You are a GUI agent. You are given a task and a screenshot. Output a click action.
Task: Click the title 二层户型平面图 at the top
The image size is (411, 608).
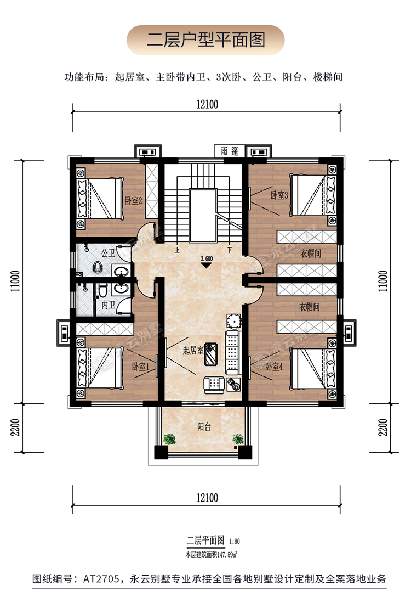206,40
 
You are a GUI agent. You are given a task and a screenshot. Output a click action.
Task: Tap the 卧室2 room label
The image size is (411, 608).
133,200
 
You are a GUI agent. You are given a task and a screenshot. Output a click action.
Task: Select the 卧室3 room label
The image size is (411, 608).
279,195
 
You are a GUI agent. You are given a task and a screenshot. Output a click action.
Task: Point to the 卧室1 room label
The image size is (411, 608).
141,367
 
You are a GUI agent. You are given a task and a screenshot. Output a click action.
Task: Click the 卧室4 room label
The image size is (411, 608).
274,367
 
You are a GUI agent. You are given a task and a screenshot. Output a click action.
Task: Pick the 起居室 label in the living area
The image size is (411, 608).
193,351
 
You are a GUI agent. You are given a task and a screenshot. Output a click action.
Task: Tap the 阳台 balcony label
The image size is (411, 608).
204,427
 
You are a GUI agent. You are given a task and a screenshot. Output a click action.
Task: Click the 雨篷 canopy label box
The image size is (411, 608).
230,151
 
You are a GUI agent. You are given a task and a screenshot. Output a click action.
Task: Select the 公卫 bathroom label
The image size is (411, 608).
108,253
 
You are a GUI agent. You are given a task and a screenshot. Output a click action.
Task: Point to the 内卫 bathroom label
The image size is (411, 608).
108,305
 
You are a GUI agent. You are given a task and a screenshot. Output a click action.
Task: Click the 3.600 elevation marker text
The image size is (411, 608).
207,258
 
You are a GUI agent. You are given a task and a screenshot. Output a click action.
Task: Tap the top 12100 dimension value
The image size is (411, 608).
207,104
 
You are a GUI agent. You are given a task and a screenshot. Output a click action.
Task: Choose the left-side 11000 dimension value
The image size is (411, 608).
15,281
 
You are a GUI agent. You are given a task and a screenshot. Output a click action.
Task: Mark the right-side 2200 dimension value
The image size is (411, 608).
383,427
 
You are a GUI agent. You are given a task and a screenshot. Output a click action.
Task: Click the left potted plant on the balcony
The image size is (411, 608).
169,440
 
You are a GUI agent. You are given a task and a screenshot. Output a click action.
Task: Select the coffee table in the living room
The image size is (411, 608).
211,353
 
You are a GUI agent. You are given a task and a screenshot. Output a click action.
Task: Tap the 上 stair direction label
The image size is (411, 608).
178,250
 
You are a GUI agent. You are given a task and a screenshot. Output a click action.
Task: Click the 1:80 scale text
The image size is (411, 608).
235,541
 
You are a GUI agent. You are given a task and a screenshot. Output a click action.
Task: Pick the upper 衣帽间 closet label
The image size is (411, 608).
311,253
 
